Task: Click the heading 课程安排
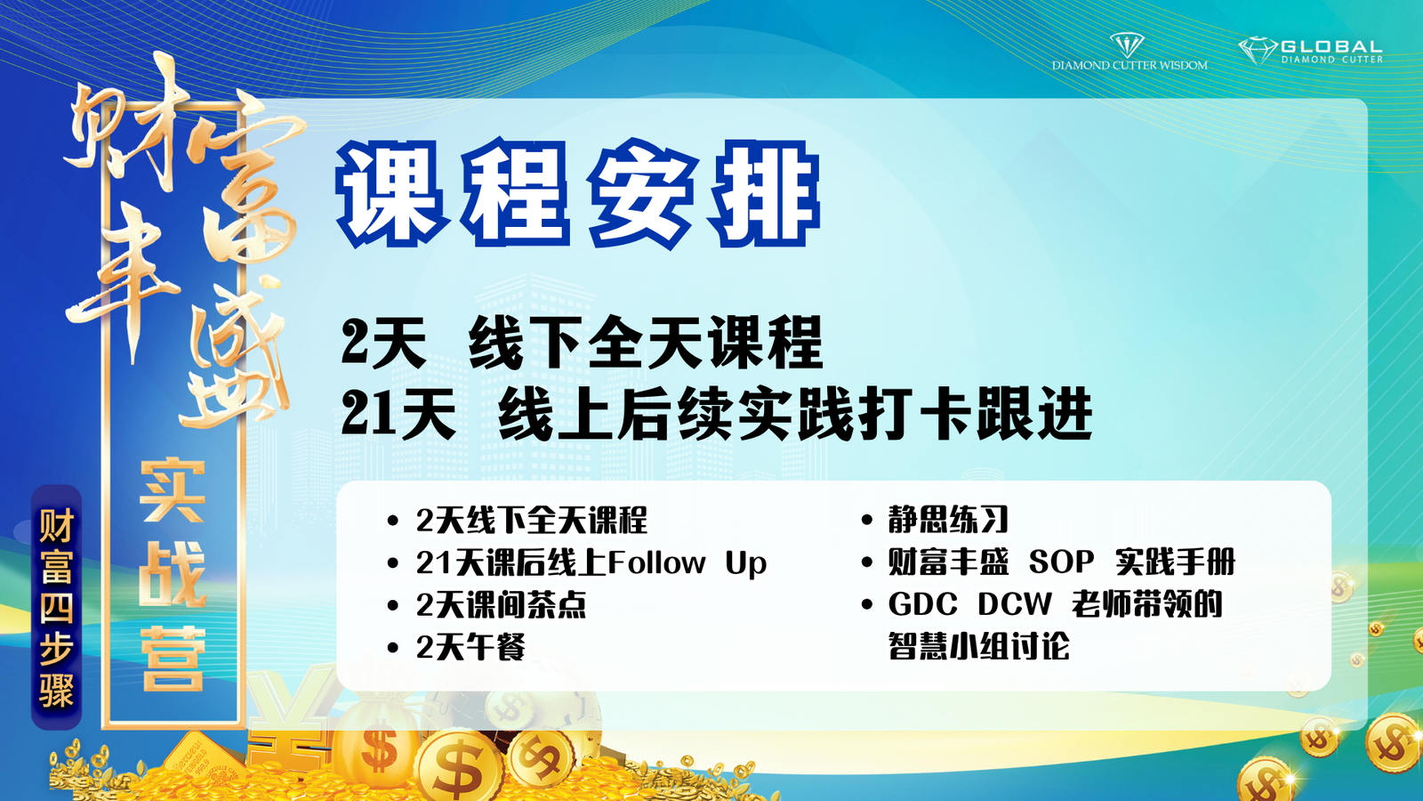(578, 194)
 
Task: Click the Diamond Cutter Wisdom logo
(1129, 52)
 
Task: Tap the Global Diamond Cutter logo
(1311, 51)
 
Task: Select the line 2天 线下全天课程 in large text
(582, 344)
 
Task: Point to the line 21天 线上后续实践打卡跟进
(717, 415)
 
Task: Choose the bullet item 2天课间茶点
(501, 604)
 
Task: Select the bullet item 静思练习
(948, 520)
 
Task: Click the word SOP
(1061, 562)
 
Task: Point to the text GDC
(922, 604)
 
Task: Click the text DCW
(1015, 604)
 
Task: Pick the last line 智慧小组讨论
(978, 646)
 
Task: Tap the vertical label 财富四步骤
(57, 607)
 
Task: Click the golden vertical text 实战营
(173, 575)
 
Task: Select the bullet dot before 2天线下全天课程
(392, 522)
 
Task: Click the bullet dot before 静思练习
(866, 521)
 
